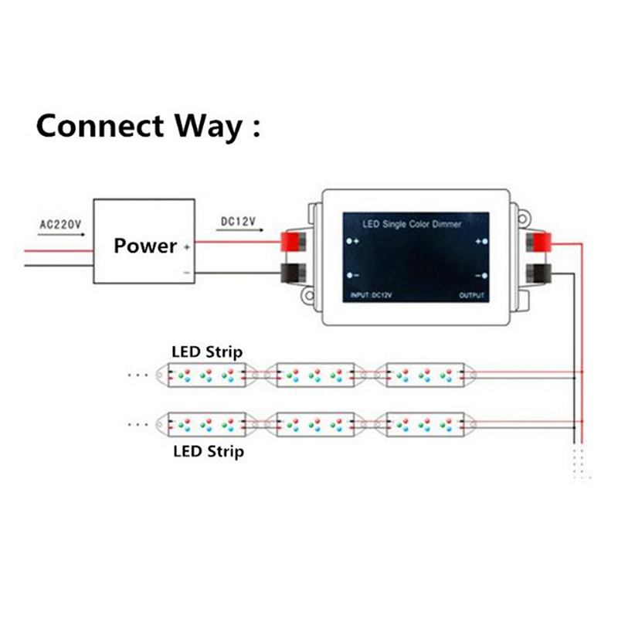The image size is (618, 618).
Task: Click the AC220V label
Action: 60,226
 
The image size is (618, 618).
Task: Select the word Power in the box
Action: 145,246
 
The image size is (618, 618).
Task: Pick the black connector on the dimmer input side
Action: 294,273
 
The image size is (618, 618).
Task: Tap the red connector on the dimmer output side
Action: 538,243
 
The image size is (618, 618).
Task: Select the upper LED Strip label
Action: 206,352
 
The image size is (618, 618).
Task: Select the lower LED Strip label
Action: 208,450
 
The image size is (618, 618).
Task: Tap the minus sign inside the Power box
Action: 186,273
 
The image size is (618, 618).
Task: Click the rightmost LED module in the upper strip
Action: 424,375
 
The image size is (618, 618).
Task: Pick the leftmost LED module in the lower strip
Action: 205,423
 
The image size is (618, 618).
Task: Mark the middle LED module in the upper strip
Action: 314,375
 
